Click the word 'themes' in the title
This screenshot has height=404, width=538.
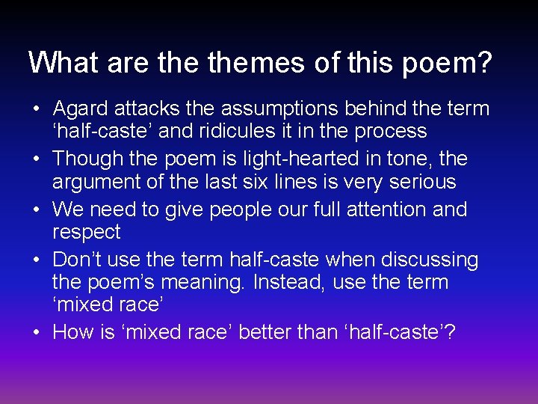click(x=256, y=62)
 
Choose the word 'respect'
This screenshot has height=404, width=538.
click(x=86, y=232)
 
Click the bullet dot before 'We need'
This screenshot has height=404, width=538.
click(x=37, y=210)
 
